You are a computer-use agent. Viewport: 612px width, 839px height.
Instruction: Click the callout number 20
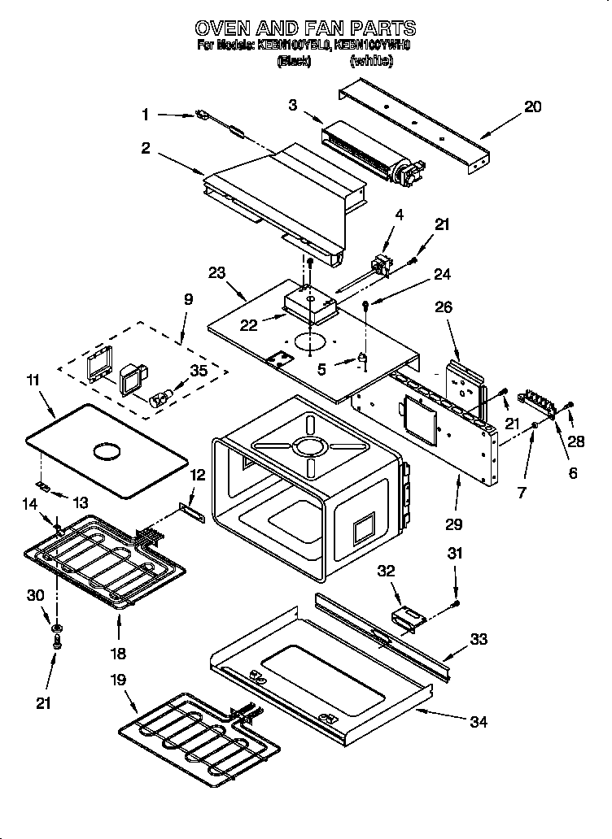(532, 107)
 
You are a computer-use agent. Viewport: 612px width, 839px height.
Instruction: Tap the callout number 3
(292, 104)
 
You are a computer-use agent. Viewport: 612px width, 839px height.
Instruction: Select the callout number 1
(146, 115)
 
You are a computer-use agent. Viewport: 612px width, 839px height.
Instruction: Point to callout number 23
(217, 274)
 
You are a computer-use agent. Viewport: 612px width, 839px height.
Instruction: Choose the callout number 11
(33, 380)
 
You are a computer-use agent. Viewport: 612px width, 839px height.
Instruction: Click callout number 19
(118, 680)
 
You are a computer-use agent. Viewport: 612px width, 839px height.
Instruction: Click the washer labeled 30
(57, 628)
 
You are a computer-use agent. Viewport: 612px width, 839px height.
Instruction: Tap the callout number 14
(29, 505)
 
